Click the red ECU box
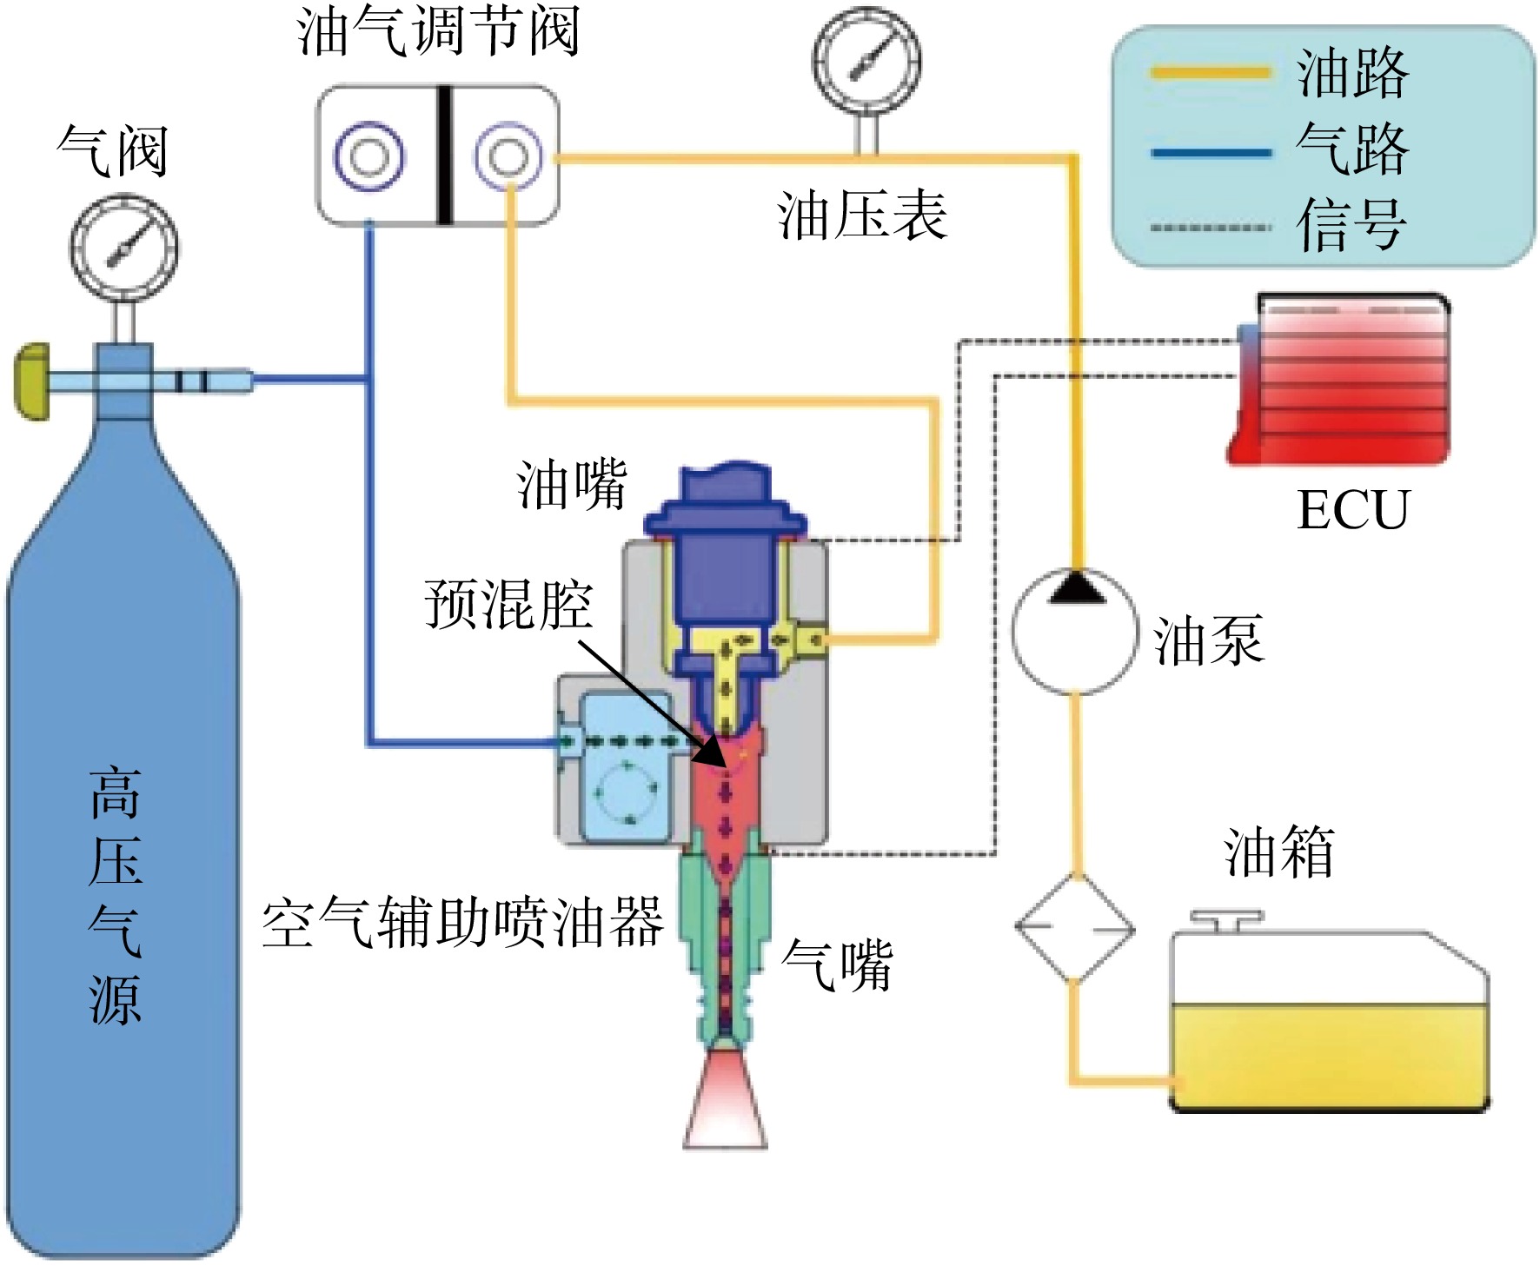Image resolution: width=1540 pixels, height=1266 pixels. pyautogui.click(x=1338, y=380)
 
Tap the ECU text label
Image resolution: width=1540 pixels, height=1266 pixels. pyautogui.click(x=1352, y=510)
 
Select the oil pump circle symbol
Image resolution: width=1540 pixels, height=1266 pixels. pyautogui.click(x=1075, y=632)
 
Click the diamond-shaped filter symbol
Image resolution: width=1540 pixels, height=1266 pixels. pyautogui.click(x=1075, y=929)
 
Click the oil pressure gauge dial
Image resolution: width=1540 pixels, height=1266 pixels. pyautogui.click(x=866, y=61)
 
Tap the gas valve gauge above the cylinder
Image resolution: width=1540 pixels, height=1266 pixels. pyautogui.click(x=124, y=248)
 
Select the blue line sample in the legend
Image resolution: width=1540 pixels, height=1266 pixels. pyautogui.click(x=1211, y=153)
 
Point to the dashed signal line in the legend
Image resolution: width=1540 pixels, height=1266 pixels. pyautogui.click(x=1211, y=228)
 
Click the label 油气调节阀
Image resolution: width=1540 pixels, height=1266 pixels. pyautogui.click(x=438, y=32)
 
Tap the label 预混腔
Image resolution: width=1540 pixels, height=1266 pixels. pyautogui.click(x=508, y=603)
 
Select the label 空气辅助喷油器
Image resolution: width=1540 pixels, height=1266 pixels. pyautogui.click(x=463, y=921)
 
